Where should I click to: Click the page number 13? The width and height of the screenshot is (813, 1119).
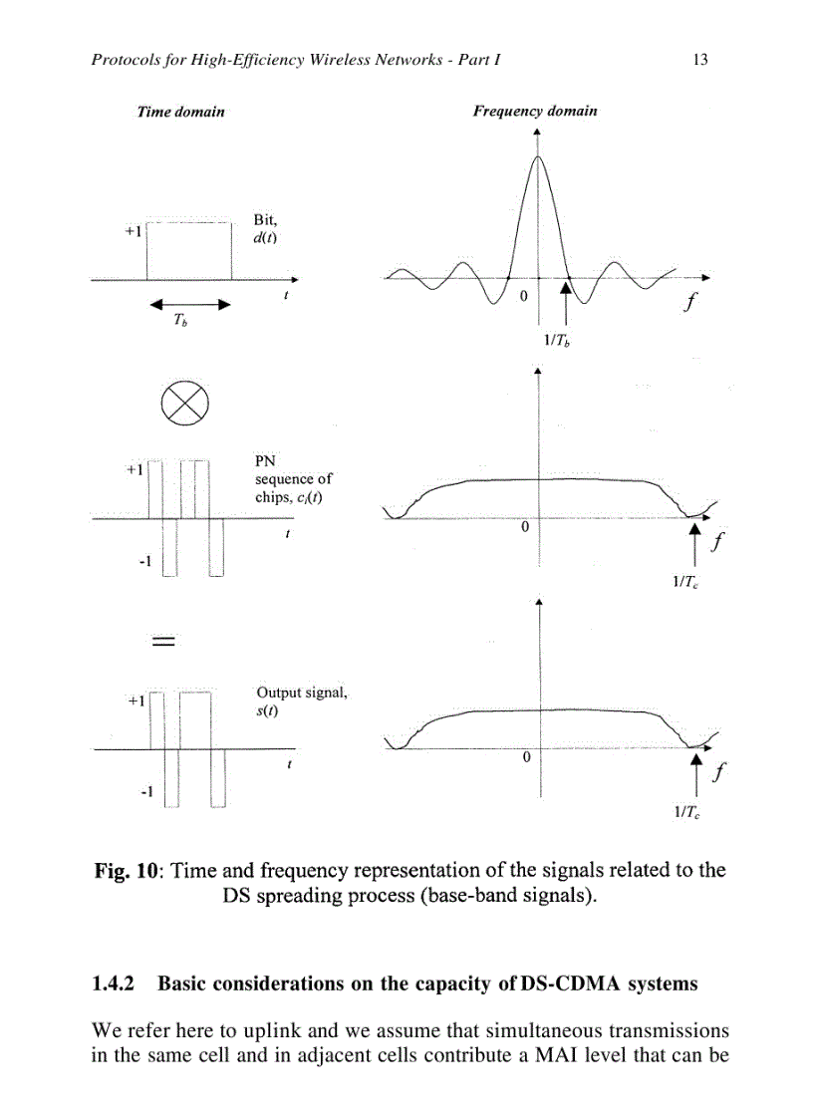pyautogui.click(x=699, y=60)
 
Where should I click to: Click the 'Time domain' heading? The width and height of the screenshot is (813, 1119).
pyautogui.click(x=180, y=112)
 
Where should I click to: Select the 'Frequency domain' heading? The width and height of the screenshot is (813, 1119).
pyautogui.click(x=535, y=111)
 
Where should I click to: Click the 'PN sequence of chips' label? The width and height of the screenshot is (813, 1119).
pyautogui.click(x=293, y=479)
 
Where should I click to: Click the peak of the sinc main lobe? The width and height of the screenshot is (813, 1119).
pyautogui.click(x=538, y=155)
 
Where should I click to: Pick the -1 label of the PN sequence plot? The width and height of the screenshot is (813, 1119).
pyautogui.click(x=143, y=562)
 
